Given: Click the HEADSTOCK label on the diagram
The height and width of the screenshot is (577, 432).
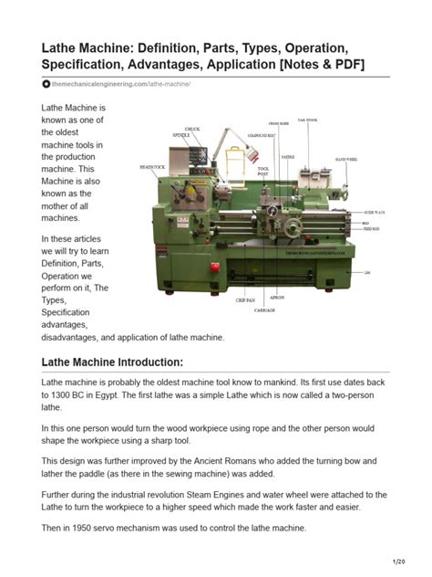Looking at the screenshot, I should pyautogui.click(x=152, y=167).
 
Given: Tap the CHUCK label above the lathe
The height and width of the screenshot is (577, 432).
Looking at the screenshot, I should pyautogui.click(x=193, y=129).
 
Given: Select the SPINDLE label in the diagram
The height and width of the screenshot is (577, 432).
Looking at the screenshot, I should pyautogui.click(x=181, y=135).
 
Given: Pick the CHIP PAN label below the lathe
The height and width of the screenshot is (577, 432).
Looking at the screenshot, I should pyautogui.click(x=245, y=299).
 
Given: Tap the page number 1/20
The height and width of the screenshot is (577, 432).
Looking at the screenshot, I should pyautogui.click(x=398, y=562).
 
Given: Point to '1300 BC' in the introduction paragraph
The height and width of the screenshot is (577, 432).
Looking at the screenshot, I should pyautogui.click(x=76, y=395).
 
